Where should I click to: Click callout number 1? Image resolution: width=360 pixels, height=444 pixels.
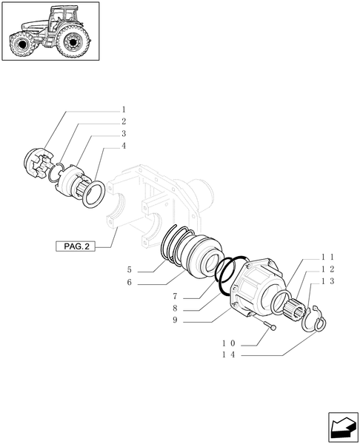pyautogui.click(x=124, y=109)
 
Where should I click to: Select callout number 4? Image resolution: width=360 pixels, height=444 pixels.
pyautogui.click(x=124, y=146)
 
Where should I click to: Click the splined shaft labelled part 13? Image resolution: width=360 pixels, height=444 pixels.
pyautogui.click(x=303, y=312)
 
